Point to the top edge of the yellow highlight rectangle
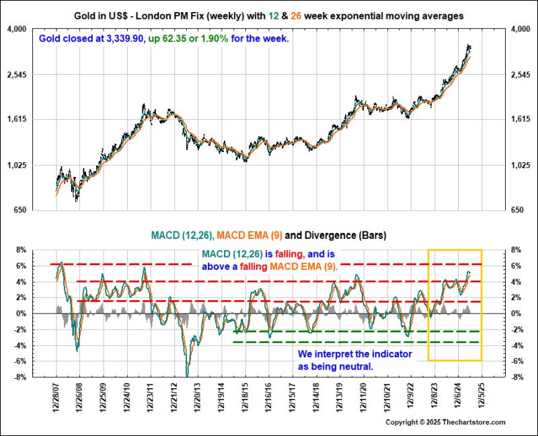(455, 250)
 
